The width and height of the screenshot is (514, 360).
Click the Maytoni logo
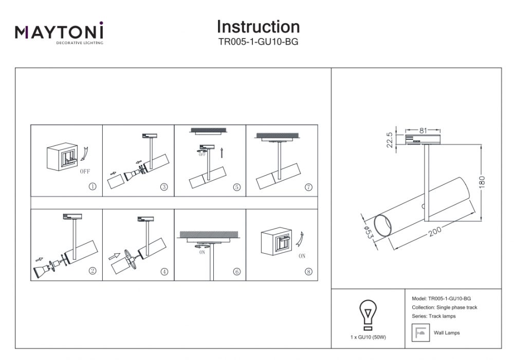click(59, 33)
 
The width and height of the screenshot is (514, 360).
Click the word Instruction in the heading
click(258, 27)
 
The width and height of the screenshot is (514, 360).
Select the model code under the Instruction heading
click(258, 43)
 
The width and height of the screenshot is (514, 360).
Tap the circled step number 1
click(93, 186)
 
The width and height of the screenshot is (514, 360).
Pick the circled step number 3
click(164, 186)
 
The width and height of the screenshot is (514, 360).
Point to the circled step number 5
click(236, 186)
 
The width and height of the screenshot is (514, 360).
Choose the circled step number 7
click(308, 186)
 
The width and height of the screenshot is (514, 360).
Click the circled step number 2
click(93, 272)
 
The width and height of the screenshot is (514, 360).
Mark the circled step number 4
click(164, 272)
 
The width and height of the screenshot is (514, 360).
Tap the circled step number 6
click(236, 272)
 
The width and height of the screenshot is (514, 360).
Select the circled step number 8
click(308, 272)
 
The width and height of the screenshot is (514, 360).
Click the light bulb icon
click(368, 314)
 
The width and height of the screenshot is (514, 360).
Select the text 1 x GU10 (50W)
click(368, 337)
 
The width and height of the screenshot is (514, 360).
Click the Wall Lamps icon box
click(420, 333)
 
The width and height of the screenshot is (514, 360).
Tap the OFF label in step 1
click(85, 172)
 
